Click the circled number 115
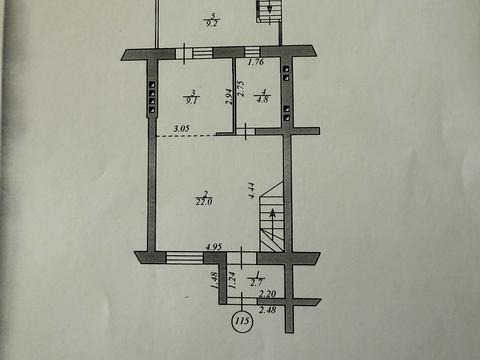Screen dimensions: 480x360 click(x=240, y=322)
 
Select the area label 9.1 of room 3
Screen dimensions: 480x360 click(x=190, y=99)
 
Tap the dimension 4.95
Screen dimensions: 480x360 click(x=213, y=245)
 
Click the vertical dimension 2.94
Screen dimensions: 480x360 click(x=229, y=98)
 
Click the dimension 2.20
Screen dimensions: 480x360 click(x=266, y=295)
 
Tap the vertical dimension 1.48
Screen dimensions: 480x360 click(x=214, y=283)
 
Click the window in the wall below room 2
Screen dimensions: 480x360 click(x=184, y=258)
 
